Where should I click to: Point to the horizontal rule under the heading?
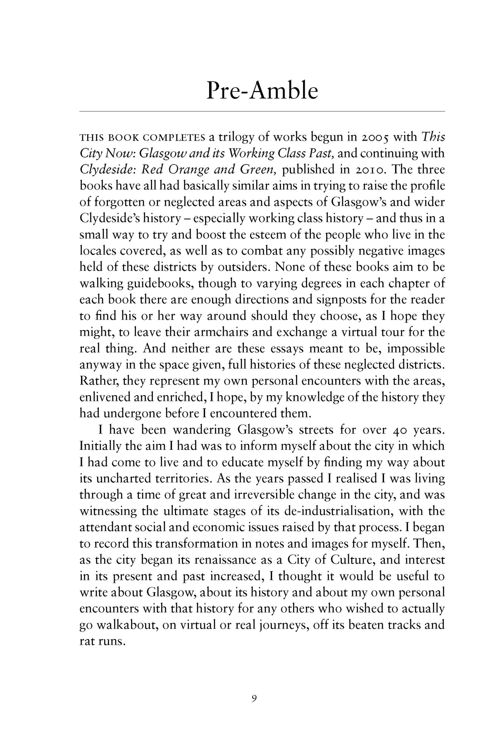[262, 112]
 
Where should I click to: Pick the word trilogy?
[242, 137]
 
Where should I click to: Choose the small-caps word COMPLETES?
[171, 137]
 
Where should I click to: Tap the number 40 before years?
[390, 430]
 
